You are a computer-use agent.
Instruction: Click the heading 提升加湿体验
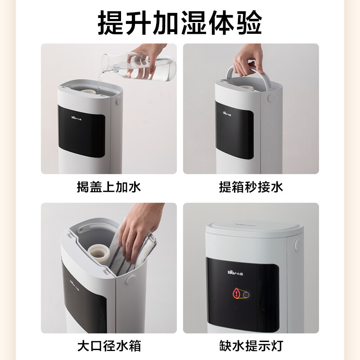[x=180, y=23]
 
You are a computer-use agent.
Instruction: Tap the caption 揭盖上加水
[x=109, y=187]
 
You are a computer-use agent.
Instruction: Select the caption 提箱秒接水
[x=251, y=187]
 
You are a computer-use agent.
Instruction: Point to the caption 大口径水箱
[x=109, y=346]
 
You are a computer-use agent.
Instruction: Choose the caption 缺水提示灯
[x=251, y=346]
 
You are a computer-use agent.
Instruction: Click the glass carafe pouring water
[x=139, y=66]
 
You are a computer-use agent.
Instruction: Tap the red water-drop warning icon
[x=237, y=293]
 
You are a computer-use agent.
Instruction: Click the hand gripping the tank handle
[x=248, y=60]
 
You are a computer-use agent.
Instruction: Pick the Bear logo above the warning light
[x=235, y=273]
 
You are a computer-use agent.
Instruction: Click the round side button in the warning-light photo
[x=297, y=245]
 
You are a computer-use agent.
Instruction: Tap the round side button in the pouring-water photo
[x=118, y=101]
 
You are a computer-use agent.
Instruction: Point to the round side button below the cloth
[x=131, y=280]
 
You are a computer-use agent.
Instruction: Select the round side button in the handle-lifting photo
[x=271, y=98]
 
